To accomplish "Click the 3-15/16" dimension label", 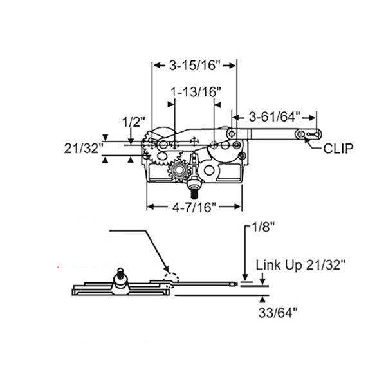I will point(195,65).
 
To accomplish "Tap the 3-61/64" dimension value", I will point(275,116).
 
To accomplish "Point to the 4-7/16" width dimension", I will point(194,207).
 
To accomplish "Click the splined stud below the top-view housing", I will point(194,191).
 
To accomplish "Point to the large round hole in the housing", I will point(208,171).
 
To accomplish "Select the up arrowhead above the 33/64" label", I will point(262,299).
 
